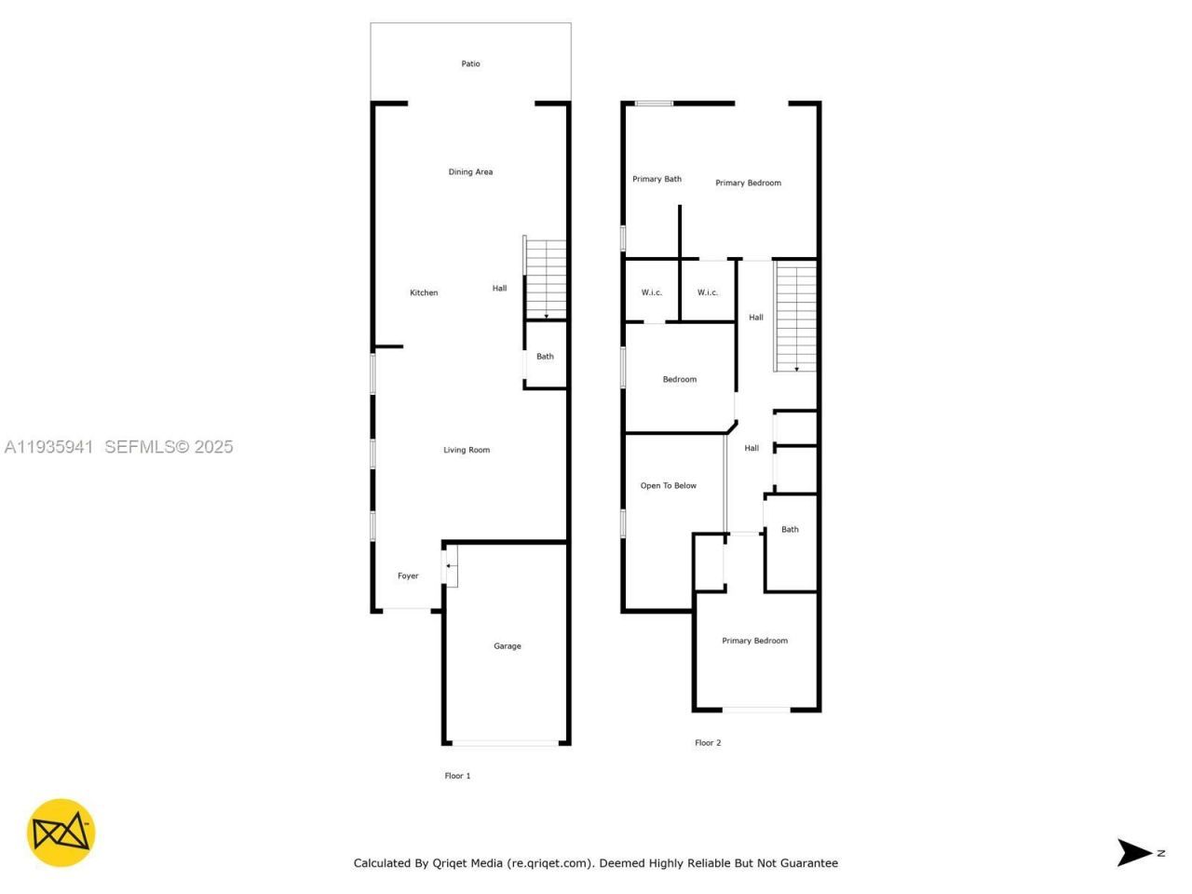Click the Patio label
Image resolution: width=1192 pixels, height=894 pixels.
click(470, 64)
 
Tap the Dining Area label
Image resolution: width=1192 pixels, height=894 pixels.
click(470, 172)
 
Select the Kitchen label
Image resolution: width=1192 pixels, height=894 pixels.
click(424, 293)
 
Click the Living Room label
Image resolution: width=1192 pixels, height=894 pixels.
click(467, 451)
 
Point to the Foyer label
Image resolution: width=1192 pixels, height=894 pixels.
click(408, 576)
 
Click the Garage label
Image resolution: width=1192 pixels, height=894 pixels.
click(508, 646)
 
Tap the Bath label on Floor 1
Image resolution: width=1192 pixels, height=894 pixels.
click(545, 357)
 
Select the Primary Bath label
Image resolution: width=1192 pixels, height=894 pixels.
click(657, 180)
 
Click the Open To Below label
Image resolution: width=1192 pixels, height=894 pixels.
click(668, 486)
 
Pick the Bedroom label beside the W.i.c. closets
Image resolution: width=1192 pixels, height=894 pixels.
click(679, 380)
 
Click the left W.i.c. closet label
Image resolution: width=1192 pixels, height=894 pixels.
click(652, 293)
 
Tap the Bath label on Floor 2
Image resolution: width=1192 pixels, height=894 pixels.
click(790, 530)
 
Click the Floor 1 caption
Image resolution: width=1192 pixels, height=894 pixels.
click(457, 776)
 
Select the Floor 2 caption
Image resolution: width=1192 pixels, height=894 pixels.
click(708, 743)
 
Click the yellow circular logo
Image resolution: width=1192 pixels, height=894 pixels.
click(61, 833)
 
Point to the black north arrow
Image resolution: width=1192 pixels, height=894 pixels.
click(1134, 852)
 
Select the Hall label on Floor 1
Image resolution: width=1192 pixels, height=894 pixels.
click(499, 289)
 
